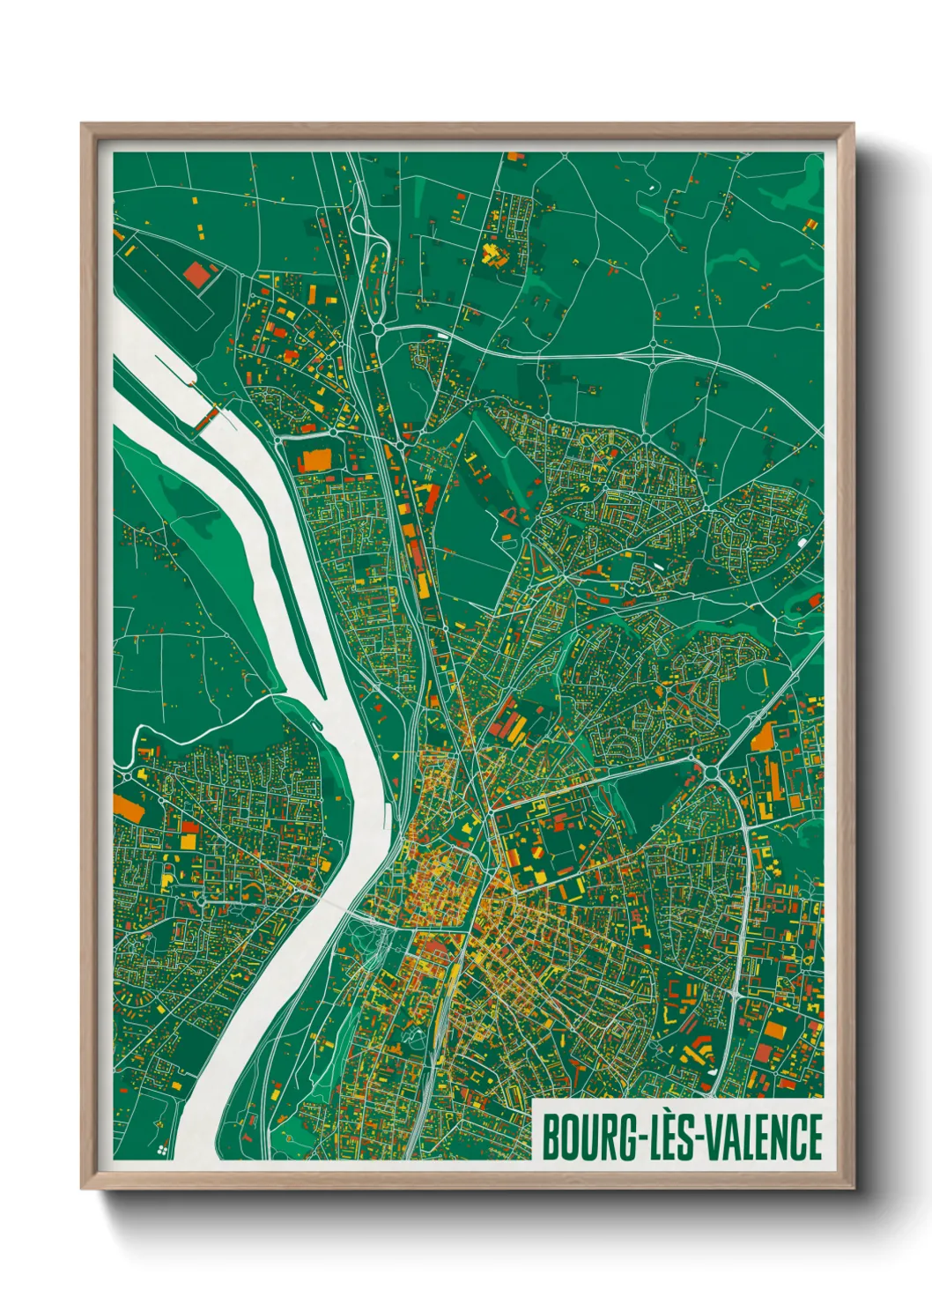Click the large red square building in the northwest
[198, 275]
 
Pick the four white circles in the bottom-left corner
[161, 1149]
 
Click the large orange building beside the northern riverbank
[313, 461]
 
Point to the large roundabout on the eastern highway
[711, 773]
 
